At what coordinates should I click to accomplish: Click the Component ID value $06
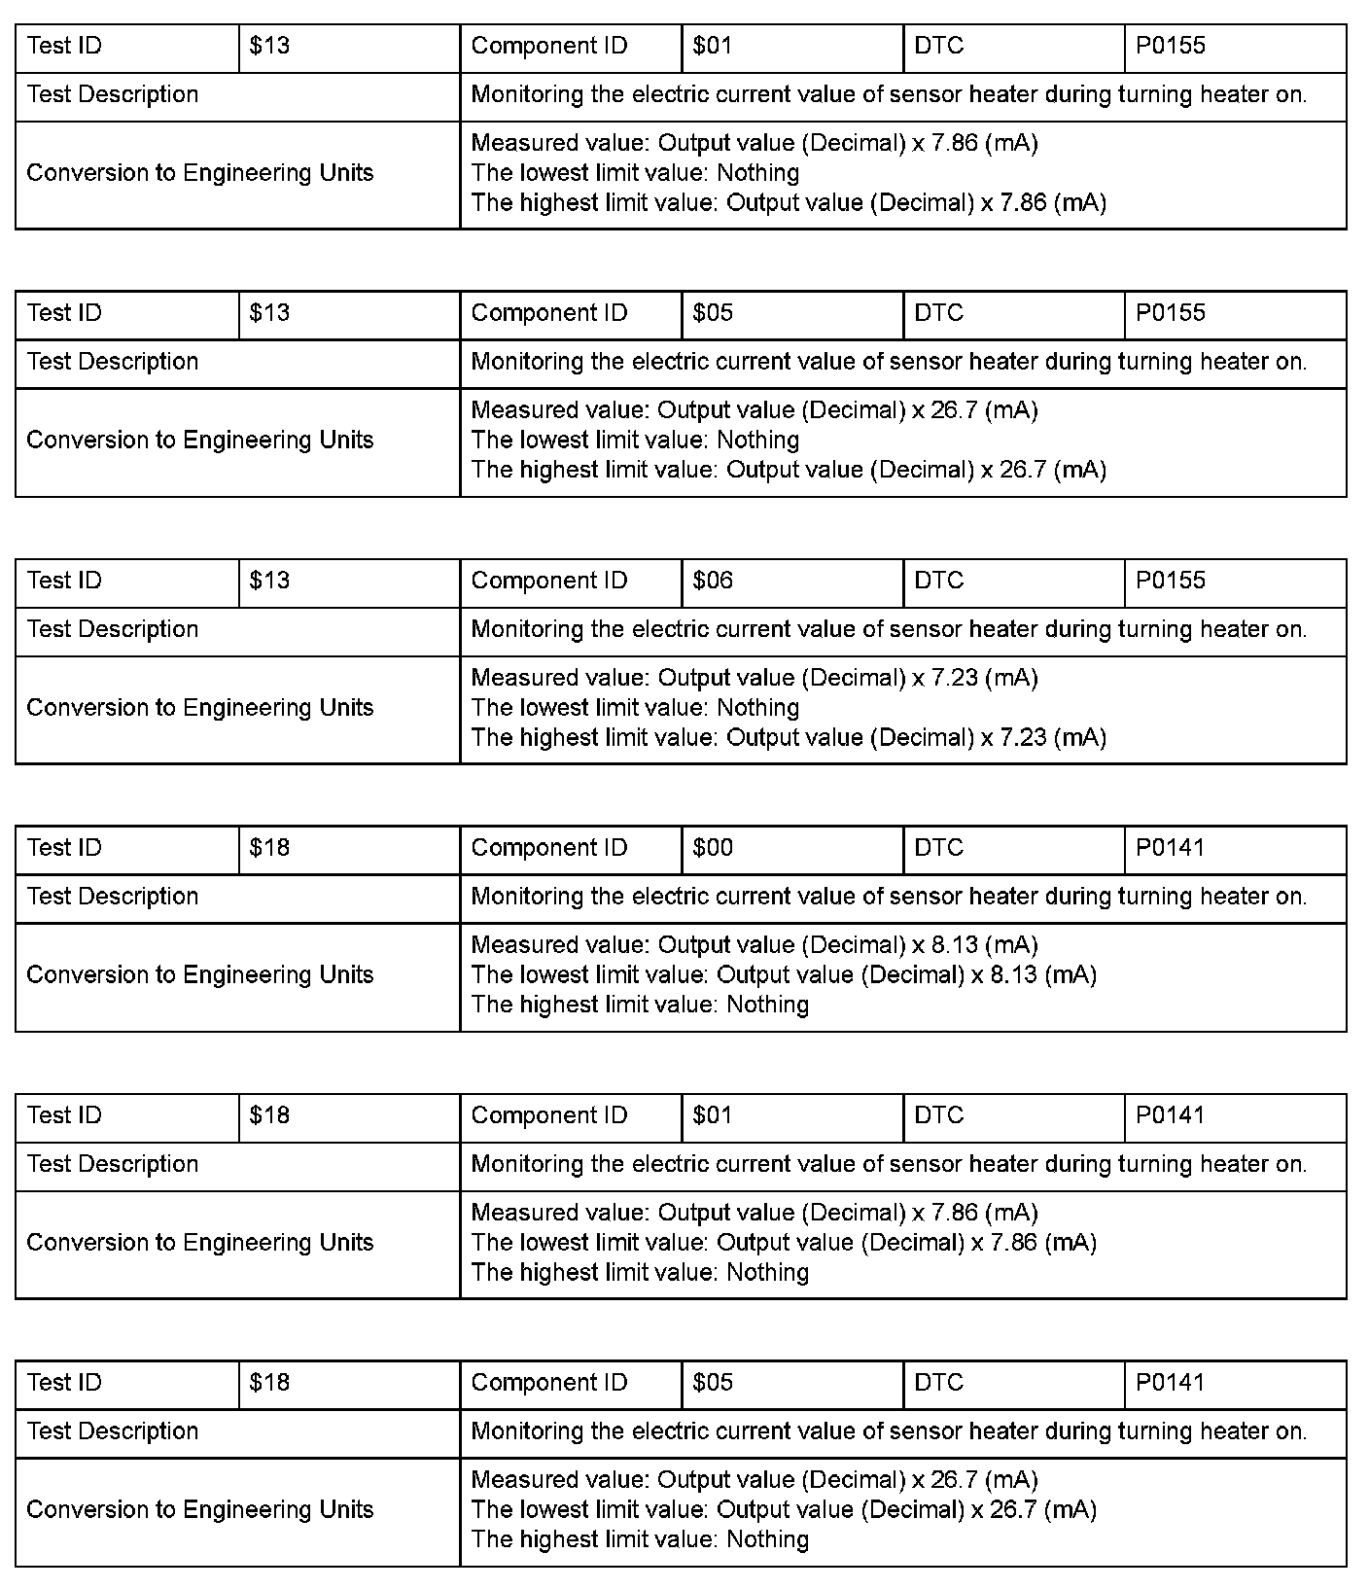713,581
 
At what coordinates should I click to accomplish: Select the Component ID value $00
713,848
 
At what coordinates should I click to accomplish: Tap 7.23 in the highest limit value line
1023,737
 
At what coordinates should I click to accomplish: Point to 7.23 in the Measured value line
955,678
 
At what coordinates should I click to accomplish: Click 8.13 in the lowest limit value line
1013,974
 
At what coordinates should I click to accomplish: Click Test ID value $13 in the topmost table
269,46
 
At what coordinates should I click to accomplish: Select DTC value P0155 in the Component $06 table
1170,581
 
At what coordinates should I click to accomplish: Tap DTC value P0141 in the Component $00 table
1170,848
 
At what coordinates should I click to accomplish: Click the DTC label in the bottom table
938,1383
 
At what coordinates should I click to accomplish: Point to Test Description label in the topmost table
113,94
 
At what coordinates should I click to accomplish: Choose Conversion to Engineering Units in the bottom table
200,1509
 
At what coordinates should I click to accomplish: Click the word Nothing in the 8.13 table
767,1005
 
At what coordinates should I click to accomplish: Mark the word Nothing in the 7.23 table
757,707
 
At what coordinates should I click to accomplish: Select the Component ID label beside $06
549,581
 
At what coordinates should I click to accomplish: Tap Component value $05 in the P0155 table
713,313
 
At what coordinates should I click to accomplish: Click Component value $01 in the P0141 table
713,1115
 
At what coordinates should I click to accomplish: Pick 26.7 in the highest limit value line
1023,470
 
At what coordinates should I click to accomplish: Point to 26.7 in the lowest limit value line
1013,1509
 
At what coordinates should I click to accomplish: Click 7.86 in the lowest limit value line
1013,1242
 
